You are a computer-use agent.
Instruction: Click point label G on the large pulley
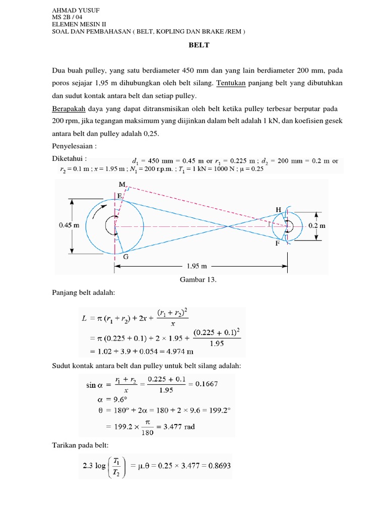point(125,256)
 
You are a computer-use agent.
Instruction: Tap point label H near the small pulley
point(278,209)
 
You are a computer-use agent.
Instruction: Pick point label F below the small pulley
point(277,244)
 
